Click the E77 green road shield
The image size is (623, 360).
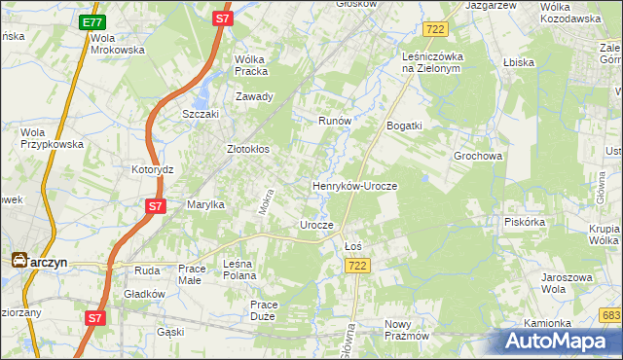[92, 22]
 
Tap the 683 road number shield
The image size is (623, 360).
[611, 315]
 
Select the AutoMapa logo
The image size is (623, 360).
[561, 341]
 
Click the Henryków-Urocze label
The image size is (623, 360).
[354, 184]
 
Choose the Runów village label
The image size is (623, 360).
[334, 121]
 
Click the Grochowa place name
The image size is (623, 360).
[477, 156]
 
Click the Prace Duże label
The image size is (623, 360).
[264, 310]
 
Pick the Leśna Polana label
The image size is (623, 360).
[244, 269]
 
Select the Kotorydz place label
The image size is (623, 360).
[152, 169]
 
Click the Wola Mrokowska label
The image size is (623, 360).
[117, 43]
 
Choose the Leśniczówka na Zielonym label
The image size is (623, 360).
[437, 62]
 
